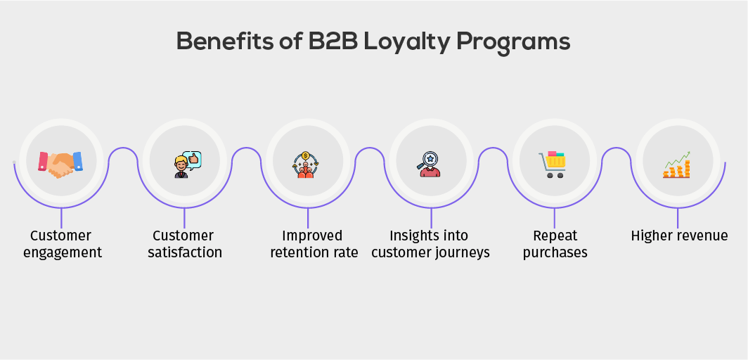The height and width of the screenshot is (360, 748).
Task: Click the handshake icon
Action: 60,163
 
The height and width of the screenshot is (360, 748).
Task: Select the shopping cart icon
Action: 553,164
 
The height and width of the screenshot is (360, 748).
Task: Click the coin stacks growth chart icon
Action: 677,165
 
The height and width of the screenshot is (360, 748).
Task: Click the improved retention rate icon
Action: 306,165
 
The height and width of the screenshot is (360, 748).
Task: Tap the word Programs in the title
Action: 515,43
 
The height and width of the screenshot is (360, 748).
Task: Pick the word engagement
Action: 63,252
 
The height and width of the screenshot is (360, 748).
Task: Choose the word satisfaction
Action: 185,252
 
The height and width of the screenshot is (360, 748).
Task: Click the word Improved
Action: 312,236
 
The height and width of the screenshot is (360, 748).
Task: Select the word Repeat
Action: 555,236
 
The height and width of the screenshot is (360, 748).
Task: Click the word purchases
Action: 555,252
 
